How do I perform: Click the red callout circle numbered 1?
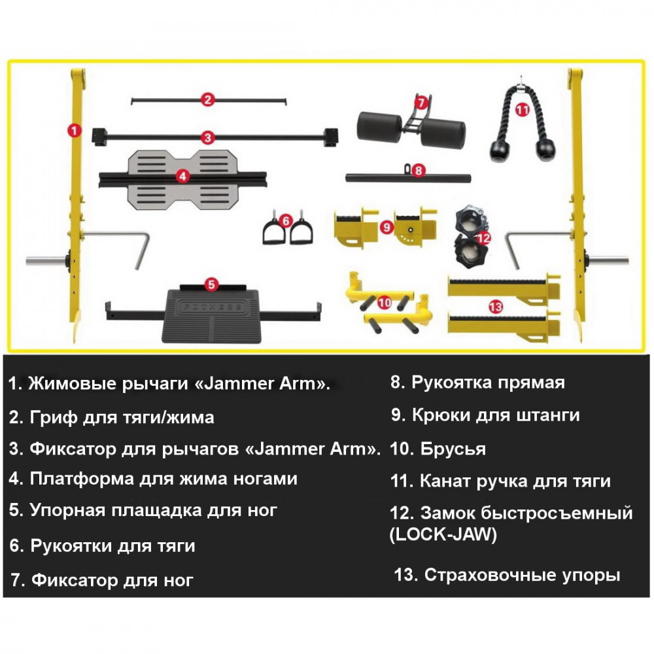click(x=74, y=130)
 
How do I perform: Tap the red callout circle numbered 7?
click(x=421, y=103)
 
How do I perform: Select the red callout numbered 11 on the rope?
click(x=521, y=111)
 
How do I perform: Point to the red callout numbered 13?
click(x=496, y=305)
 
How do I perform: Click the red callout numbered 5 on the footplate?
click(x=211, y=284)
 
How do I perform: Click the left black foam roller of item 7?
click(x=379, y=126)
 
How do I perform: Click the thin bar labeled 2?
click(x=170, y=100)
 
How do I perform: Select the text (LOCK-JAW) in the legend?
click(x=443, y=535)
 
